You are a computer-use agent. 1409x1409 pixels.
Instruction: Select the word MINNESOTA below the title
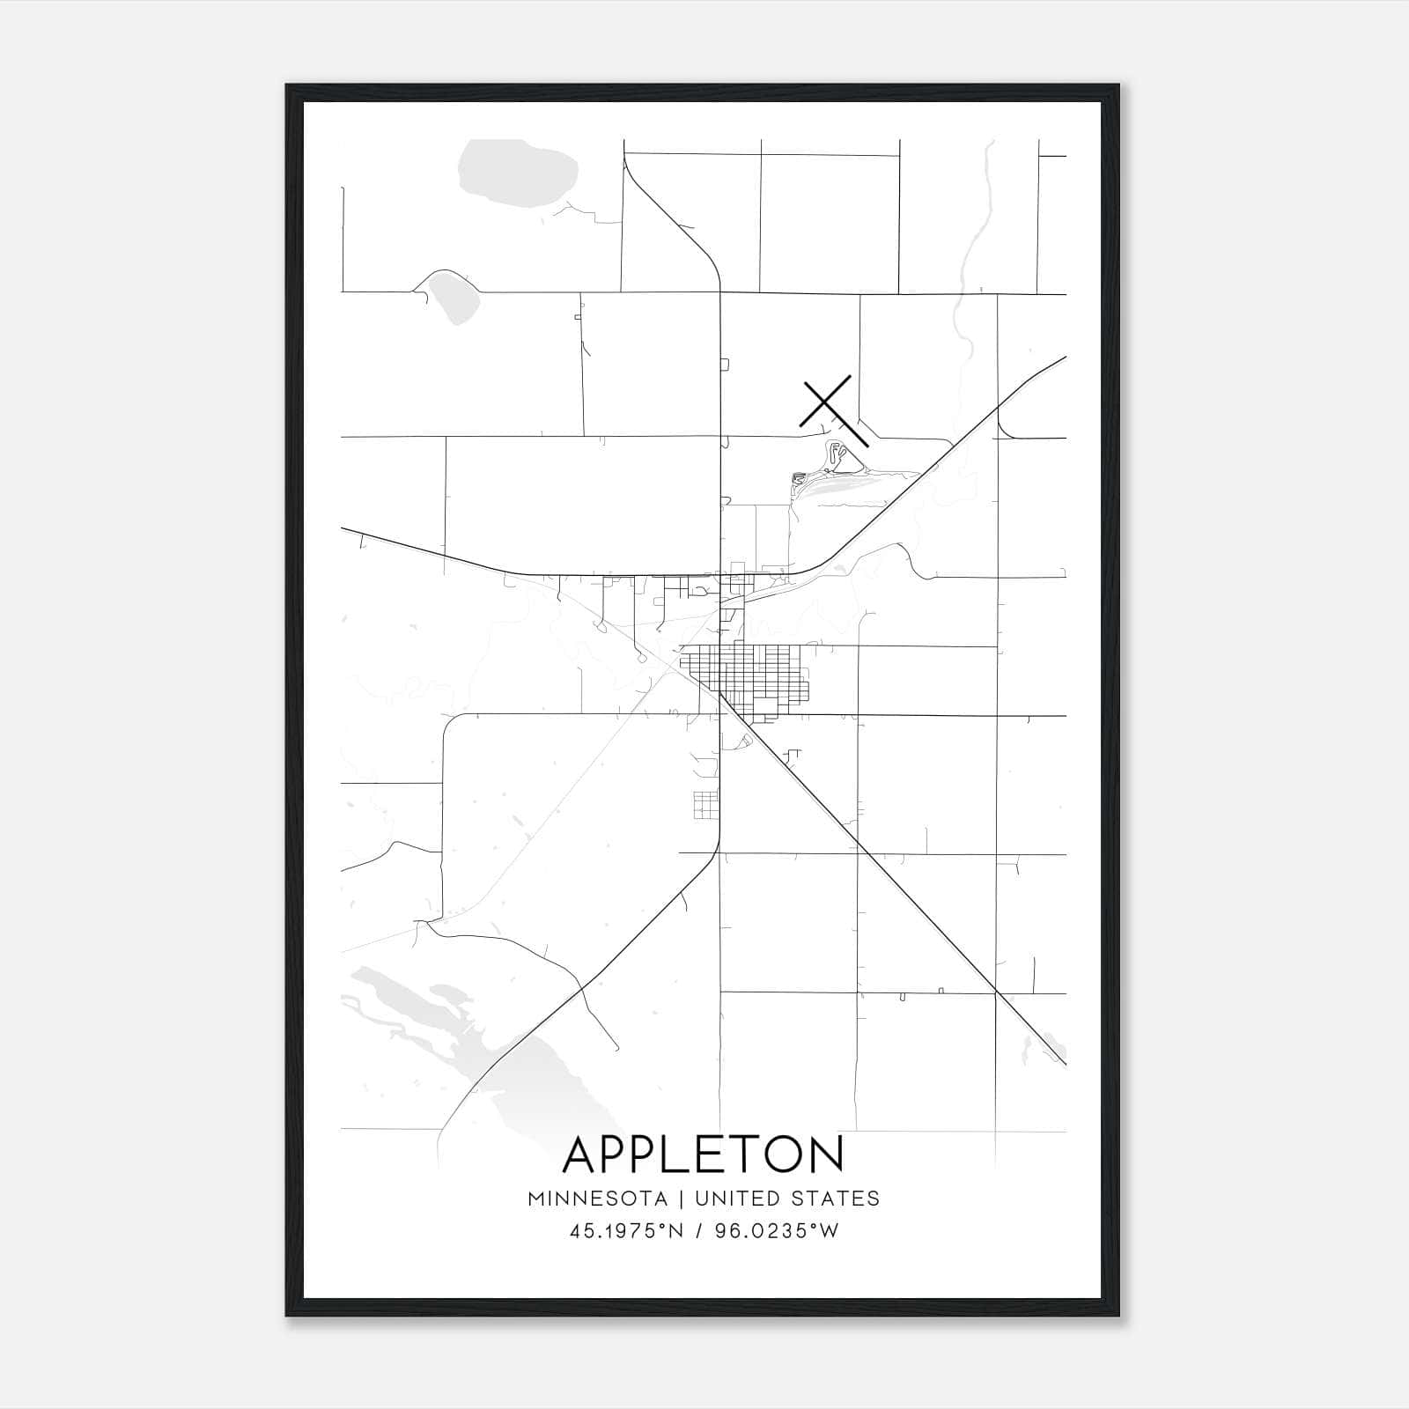[597, 1199]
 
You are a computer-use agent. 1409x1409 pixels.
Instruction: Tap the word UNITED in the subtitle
[735, 1199]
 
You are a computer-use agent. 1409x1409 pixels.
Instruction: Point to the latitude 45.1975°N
[626, 1231]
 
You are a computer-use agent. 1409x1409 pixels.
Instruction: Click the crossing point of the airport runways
[826, 402]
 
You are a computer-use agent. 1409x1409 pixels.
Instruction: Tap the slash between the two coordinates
[698, 1231]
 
